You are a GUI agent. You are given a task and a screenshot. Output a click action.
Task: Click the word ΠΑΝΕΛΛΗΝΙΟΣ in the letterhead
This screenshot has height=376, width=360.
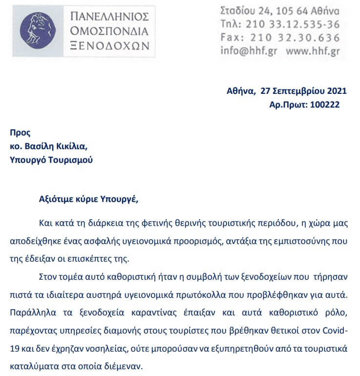coord(109,16)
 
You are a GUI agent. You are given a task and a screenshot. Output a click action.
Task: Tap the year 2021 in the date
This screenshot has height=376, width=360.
coord(337,90)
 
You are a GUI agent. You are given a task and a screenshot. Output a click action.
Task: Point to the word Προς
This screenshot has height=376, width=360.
coord(20,132)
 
